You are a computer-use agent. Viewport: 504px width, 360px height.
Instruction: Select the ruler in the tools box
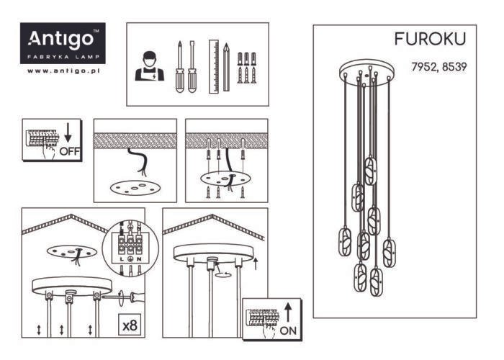pos(213,66)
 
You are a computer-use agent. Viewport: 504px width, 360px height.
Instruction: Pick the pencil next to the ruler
pos(226,66)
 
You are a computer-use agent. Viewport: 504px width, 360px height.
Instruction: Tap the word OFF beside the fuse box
pos(70,152)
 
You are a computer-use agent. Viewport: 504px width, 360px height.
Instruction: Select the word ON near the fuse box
pos(287,330)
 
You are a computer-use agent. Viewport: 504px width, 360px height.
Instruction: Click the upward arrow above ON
pos(287,311)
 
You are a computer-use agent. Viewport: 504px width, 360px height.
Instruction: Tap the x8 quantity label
pos(130,325)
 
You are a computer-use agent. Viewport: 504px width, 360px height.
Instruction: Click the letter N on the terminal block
pos(138,258)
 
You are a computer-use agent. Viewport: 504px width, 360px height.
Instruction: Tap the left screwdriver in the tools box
pos(179,66)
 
